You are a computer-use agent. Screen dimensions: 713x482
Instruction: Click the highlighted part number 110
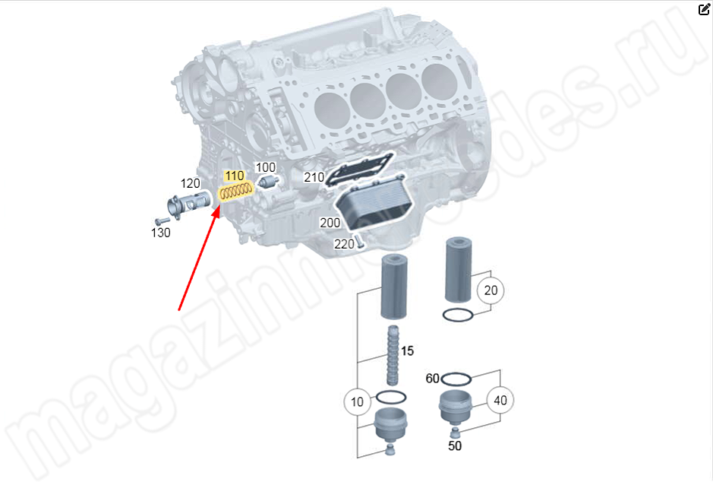coord(235,176)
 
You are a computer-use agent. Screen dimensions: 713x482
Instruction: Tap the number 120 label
coord(190,183)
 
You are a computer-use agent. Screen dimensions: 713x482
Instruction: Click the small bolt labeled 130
coord(162,221)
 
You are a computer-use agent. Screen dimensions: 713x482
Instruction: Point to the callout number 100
coord(266,167)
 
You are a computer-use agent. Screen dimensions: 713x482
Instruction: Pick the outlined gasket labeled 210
coord(360,169)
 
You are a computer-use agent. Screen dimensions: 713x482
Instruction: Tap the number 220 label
coord(344,244)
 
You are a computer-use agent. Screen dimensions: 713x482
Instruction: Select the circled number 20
coord(491,290)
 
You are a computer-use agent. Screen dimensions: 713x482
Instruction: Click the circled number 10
coord(357,402)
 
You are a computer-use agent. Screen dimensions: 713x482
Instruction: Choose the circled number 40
coord(500,400)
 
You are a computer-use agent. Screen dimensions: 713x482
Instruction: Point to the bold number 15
coord(408,351)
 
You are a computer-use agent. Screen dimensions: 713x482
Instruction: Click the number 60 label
coord(433,379)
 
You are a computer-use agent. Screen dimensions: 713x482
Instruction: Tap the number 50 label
coord(455,446)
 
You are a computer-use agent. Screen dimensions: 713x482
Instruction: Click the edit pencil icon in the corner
coord(704,9)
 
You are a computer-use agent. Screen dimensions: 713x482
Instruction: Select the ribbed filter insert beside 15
coord(393,355)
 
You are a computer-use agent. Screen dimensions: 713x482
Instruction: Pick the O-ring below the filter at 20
coord(457,315)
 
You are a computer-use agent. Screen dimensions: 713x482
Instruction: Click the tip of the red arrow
coord(220,205)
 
